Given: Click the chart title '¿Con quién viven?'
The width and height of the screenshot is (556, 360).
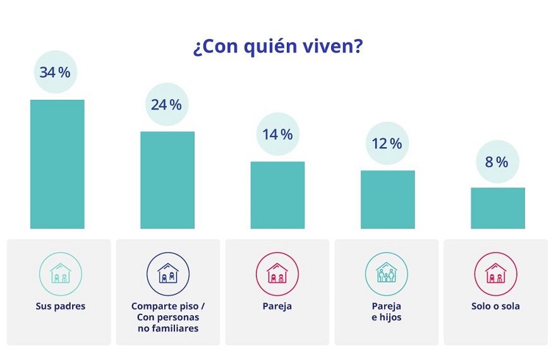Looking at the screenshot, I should click(x=277, y=48).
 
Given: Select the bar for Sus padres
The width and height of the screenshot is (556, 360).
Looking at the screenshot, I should click(x=57, y=164).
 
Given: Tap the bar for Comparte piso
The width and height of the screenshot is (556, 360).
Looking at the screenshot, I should click(x=167, y=180).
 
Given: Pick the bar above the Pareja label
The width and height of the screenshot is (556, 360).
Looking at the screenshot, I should click(x=277, y=195).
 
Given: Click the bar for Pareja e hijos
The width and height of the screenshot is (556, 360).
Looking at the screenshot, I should click(x=387, y=200).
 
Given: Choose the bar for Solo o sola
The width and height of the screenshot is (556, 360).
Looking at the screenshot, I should click(x=497, y=208).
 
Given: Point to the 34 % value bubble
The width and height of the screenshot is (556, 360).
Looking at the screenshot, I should click(x=56, y=72).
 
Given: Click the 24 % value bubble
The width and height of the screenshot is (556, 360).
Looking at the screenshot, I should click(x=167, y=104).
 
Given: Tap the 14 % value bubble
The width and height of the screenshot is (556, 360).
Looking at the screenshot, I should click(x=277, y=134).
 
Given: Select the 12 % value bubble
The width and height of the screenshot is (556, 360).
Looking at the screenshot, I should click(x=387, y=143).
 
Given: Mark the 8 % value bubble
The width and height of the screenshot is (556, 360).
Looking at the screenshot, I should click(x=497, y=162).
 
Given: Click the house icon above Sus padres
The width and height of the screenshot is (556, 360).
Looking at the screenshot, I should click(x=61, y=273).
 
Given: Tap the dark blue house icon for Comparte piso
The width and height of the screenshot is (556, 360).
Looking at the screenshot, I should click(x=168, y=273).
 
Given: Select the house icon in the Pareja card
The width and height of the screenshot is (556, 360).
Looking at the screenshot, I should click(x=277, y=273).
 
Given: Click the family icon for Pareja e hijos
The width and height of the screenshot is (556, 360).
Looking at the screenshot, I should click(x=387, y=273).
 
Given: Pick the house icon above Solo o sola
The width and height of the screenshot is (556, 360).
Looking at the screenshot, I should click(x=496, y=273).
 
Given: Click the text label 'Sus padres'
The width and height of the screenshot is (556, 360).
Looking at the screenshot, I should click(x=61, y=306).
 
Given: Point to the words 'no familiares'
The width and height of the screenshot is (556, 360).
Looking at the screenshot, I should click(x=168, y=328).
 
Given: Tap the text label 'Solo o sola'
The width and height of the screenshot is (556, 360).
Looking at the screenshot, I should click(x=496, y=306).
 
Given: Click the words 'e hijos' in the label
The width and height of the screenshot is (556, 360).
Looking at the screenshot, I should click(x=387, y=317).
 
